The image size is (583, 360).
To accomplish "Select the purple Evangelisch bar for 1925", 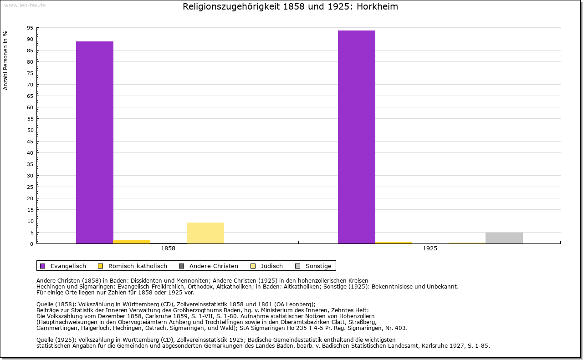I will pyautogui.click(x=357, y=137).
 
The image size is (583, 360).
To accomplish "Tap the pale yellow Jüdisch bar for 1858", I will pyautogui.click(x=205, y=233).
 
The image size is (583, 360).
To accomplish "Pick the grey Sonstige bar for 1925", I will pyautogui.click(x=504, y=238).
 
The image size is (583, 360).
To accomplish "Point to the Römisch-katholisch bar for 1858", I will pyautogui.click(x=132, y=242).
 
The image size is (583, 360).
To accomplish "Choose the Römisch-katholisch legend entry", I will pyautogui.click(x=133, y=266).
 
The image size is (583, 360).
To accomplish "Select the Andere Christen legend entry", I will pyautogui.click(x=208, y=266).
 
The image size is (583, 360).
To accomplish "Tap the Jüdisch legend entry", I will pyautogui.click(x=267, y=266).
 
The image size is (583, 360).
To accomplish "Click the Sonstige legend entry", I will pyautogui.click(x=313, y=266).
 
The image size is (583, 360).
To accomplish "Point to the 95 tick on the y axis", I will pyautogui.click(x=30, y=28).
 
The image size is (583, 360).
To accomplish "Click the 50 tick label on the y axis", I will pyautogui.click(x=30, y=130).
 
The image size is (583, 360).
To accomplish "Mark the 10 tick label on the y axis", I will pyautogui.click(x=30, y=221).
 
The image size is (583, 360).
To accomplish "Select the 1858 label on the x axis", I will pyautogui.click(x=168, y=248).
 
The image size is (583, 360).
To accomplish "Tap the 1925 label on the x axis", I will pyautogui.click(x=430, y=248).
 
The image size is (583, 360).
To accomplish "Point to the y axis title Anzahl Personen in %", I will pyautogui.click(x=5, y=60).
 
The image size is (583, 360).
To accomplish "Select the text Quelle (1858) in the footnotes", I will pyautogui.click(x=55, y=304).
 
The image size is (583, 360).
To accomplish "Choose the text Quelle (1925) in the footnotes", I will pyautogui.click(x=55, y=340).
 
